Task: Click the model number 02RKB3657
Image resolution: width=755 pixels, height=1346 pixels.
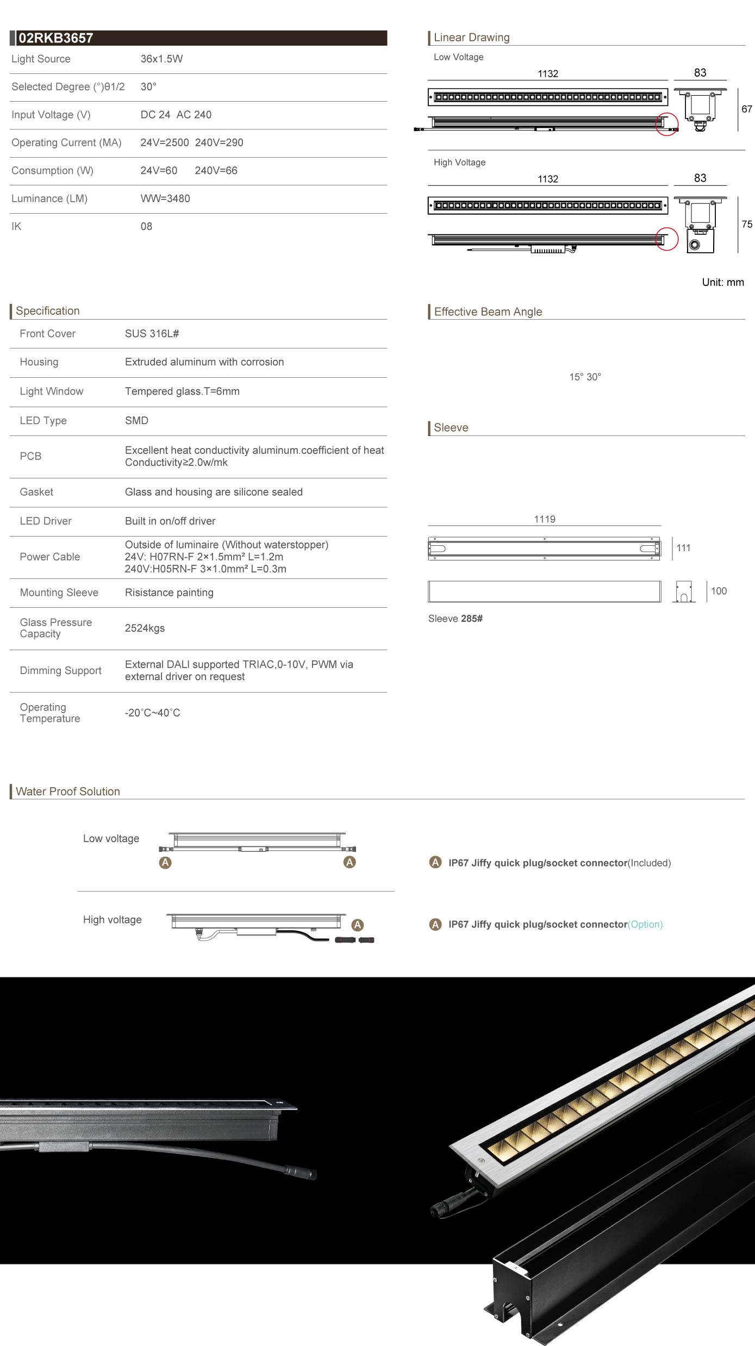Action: click(x=56, y=38)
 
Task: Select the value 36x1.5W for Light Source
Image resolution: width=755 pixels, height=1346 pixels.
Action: click(x=161, y=59)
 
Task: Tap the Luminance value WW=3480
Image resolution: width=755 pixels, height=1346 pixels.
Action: click(x=165, y=198)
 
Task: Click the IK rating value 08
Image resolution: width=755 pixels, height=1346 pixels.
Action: click(x=146, y=226)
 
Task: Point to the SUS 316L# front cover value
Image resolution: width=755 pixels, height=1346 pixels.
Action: click(x=152, y=334)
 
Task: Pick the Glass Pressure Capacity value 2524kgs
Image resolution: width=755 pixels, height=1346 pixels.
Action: click(x=145, y=628)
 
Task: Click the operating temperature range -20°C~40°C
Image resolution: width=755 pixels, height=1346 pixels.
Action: click(x=152, y=713)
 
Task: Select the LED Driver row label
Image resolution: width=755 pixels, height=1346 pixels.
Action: click(x=46, y=521)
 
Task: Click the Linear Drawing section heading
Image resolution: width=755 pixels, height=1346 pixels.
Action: click(x=471, y=38)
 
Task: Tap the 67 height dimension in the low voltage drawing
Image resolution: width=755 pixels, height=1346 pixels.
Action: click(x=747, y=109)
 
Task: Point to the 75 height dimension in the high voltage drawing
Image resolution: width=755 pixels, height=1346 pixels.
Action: click(x=747, y=224)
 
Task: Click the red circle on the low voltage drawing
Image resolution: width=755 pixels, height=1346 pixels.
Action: click(x=667, y=124)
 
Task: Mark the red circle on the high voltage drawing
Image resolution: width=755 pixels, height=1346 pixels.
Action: click(x=667, y=239)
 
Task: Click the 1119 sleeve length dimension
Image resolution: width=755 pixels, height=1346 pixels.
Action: click(x=545, y=519)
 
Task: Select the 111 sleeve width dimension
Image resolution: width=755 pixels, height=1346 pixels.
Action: click(x=683, y=548)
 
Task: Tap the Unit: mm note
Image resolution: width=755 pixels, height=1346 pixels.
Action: click(x=722, y=282)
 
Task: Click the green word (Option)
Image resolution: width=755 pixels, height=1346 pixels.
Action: click(x=645, y=924)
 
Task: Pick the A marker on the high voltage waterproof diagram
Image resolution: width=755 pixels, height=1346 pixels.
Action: click(x=357, y=925)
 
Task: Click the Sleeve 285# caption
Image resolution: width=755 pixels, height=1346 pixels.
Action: click(x=455, y=619)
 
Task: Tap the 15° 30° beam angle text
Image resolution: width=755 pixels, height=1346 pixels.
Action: click(x=585, y=377)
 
